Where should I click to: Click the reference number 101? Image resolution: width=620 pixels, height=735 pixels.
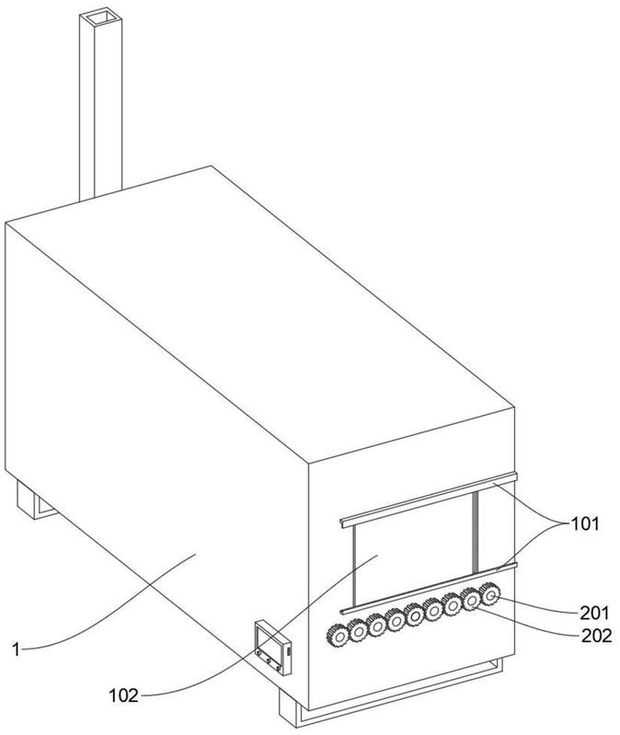[x=584, y=523]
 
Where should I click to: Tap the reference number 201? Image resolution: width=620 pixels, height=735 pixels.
[x=594, y=613]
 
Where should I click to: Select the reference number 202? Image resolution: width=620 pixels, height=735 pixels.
[x=597, y=636]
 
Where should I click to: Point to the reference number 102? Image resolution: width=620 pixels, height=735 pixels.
[x=124, y=695]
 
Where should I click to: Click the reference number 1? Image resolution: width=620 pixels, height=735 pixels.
[x=17, y=649]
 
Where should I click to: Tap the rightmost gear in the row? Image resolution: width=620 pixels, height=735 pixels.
[x=489, y=595]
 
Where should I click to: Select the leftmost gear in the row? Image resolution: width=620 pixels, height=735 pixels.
[x=338, y=637]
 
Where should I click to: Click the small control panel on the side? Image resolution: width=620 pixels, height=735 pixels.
[x=272, y=648]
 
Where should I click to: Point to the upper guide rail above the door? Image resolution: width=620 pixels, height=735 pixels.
[x=428, y=500]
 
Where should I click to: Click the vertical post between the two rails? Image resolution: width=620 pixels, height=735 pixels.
[x=476, y=532]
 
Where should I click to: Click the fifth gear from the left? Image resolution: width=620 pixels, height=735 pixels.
[x=414, y=615]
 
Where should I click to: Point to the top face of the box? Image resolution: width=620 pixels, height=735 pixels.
[x=259, y=309]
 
